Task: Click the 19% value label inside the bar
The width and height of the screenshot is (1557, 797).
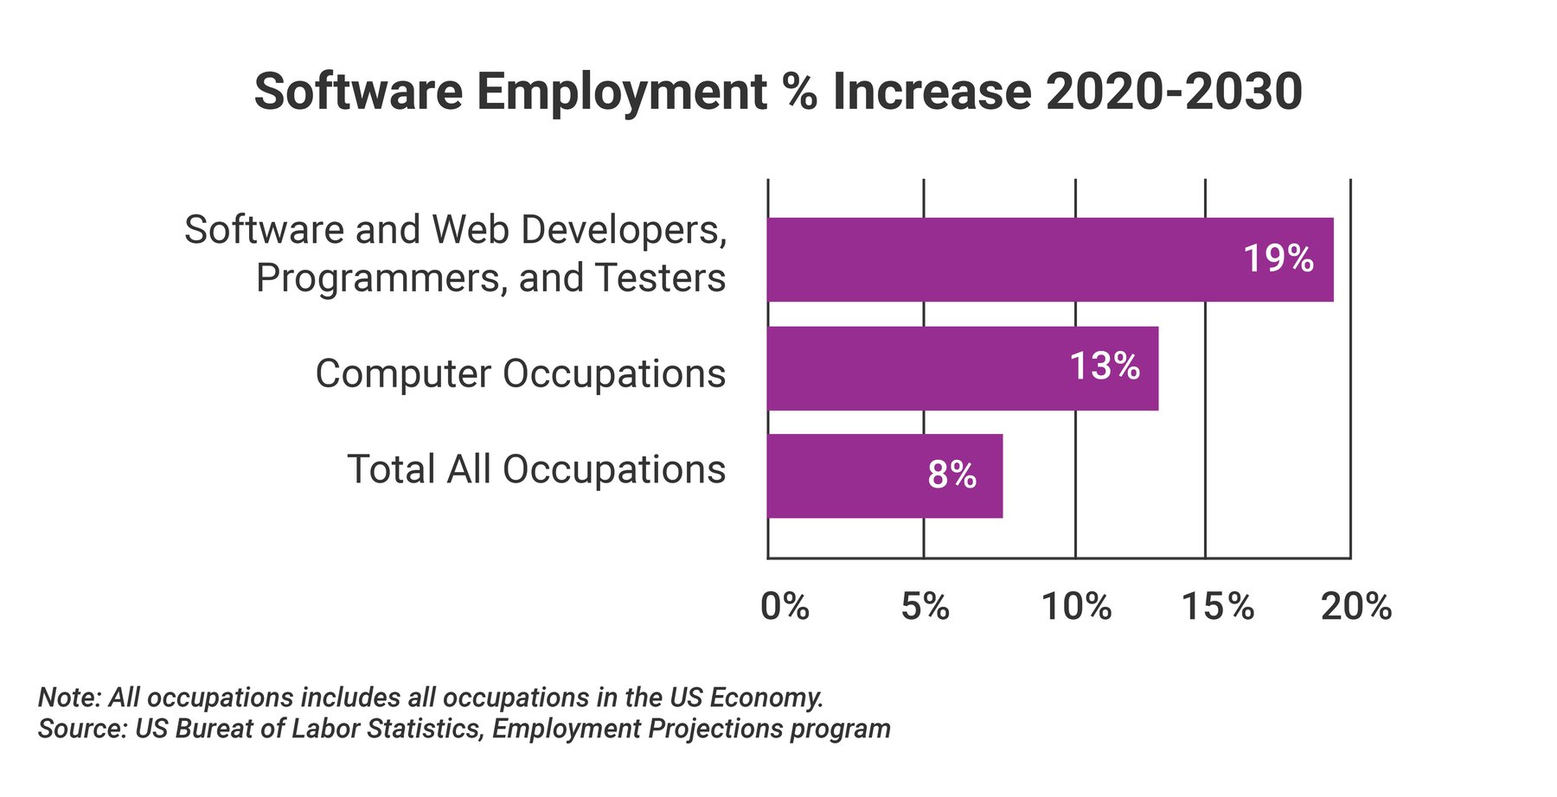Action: [x=1278, y=258]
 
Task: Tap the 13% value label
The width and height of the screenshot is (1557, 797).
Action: [x=1105, y=367]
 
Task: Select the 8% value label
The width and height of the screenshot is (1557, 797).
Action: [x=951, y=475]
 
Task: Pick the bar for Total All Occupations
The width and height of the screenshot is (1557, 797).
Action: [x=848, y=476]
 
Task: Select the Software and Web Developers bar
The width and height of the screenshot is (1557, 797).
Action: [x=995, y=259]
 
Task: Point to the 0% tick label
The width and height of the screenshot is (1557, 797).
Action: [x=785, y=607]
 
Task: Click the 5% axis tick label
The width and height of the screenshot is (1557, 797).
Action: [x=925, y=607]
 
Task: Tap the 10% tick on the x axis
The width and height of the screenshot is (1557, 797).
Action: [x=1076, y=607]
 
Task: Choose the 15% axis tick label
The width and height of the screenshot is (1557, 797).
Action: [x=1217, y=607]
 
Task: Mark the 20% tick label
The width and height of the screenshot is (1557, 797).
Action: [x=1355, y=607]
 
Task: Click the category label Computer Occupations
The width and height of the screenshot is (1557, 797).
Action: [x=520, y=374]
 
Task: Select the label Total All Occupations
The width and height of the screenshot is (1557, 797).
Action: [x=535, y=469]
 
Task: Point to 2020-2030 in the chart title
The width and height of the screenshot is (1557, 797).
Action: [x=1173, y=92]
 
